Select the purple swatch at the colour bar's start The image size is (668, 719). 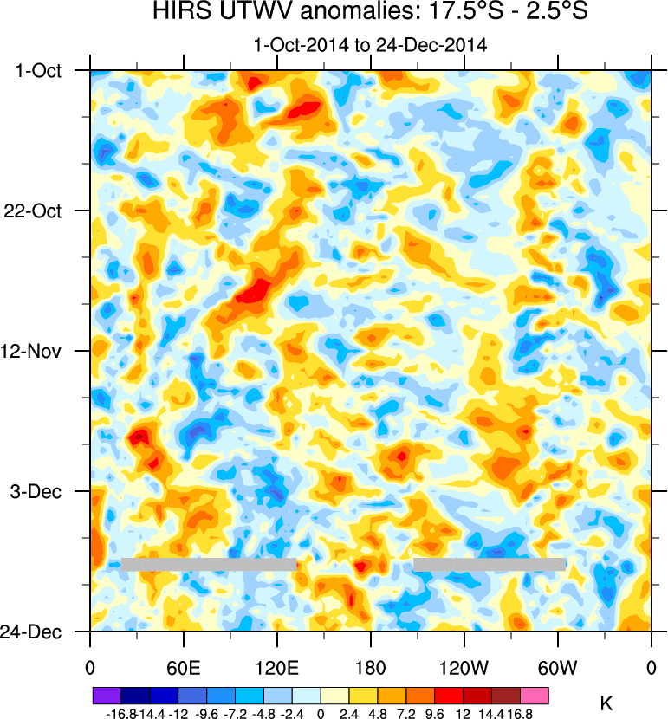pyautogui.click(x=107, y=696)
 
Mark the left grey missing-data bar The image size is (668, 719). pyautogui.click(x=208, y=564)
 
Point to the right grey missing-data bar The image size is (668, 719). pyautogui.click(x=490, y=564)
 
